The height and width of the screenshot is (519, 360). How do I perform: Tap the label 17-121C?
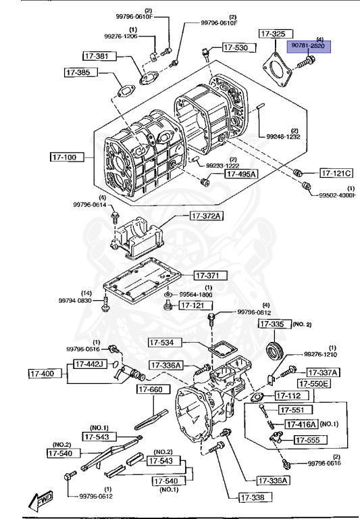point(336,172)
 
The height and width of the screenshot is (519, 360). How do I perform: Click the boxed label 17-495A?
point(241,174)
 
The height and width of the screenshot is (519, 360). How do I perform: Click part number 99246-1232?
point(282,137)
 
